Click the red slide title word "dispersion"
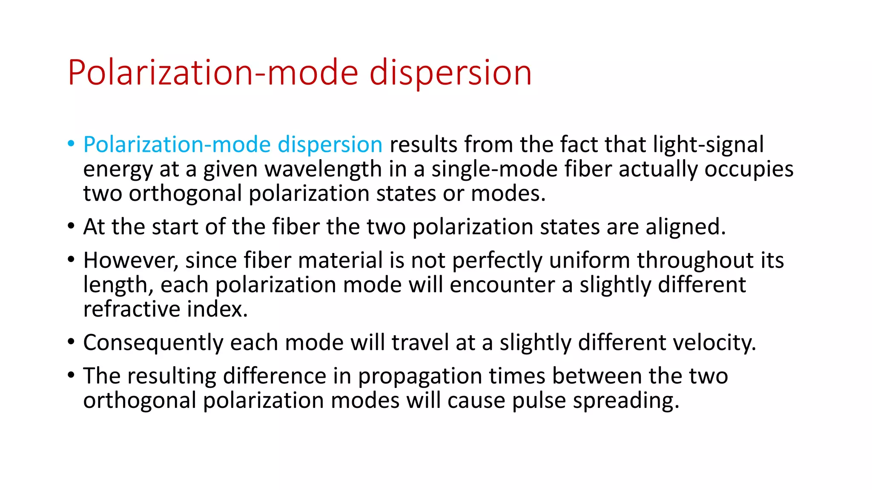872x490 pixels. (450, 73)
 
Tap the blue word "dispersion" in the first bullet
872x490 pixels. (330, 145)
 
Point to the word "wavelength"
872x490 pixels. (323, 169)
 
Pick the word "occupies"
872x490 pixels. (749, 169)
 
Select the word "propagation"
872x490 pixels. (419, 376)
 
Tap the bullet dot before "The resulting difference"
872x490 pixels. (71, 375)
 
